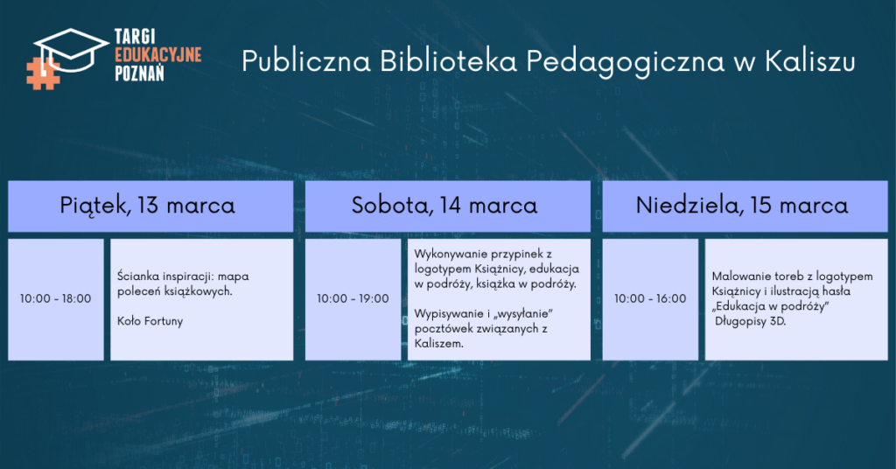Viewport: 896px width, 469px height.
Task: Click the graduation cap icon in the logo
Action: (71, 50)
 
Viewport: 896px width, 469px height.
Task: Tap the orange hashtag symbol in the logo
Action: (43, 73)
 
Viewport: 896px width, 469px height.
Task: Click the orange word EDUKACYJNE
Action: (158, 55)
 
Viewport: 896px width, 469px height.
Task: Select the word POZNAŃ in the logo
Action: (139, 73)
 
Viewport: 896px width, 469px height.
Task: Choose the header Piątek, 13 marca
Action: (147, 206)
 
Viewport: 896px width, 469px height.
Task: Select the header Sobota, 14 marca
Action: (444, 206)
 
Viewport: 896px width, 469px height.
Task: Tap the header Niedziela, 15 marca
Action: (742, 206)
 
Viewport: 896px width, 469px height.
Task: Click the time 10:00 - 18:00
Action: (55, 298)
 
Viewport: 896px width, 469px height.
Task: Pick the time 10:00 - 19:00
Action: (353, 298)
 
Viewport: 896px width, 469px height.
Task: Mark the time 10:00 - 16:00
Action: (650, 298)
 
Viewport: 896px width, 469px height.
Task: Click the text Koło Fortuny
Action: (150, 321)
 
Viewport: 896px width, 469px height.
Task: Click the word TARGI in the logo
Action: (135, 37)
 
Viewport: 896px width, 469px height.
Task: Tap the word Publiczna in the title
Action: (306, 61)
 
